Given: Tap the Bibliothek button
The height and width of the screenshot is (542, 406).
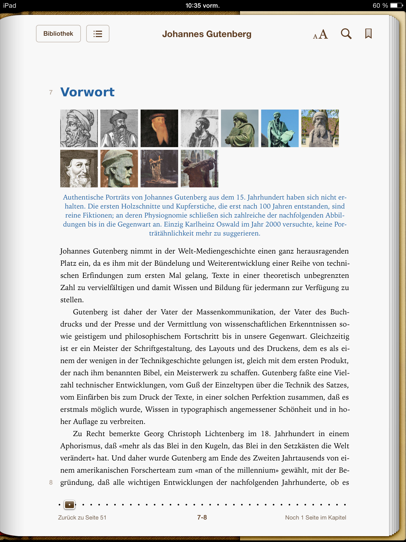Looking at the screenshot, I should point(58,34).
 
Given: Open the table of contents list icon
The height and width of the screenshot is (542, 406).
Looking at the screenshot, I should point(98,34).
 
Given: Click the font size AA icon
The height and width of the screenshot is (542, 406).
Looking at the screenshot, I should point(320,34).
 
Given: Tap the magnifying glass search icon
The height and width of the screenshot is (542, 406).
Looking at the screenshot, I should point(346,34).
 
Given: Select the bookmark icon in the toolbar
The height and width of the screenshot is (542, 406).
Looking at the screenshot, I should point(368,34).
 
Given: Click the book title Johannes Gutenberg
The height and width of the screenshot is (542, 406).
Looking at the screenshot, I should point(207,34).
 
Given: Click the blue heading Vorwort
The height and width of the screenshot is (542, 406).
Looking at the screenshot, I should point(87,92).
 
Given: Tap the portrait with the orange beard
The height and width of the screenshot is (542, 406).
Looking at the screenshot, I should point(159,128).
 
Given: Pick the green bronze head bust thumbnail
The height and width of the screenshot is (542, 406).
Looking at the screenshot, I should point(119,169).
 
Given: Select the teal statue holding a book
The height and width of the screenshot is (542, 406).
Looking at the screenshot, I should point(280,128).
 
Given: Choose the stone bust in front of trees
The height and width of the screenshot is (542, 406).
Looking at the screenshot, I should point(320,128).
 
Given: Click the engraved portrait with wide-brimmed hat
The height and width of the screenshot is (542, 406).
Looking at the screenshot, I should point(79,169).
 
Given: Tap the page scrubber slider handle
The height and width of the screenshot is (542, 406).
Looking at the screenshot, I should point(70,505).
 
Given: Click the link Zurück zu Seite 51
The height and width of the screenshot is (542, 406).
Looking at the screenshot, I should point(82,517).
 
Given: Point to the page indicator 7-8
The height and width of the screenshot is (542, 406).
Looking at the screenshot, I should point(202,517).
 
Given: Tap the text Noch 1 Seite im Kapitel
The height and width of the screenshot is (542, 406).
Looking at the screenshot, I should point(315,517).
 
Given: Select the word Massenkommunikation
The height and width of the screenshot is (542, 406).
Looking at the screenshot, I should point(234,312).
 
